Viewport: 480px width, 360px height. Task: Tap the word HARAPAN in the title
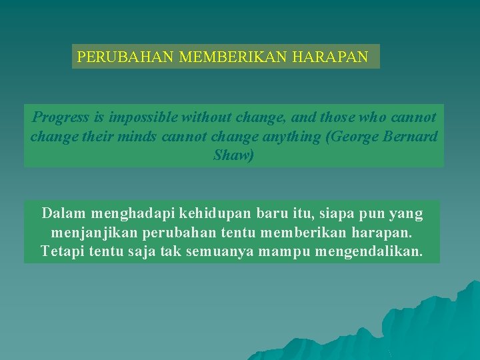click(x=330, y=57)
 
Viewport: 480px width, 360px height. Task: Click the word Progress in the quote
click(x=61, y=118)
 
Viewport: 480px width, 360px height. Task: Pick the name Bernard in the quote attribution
click(x=413, y=137)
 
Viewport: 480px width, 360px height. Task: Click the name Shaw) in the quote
click(x=233, y=156)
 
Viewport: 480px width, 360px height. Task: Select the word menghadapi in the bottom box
click(x=136, y=213)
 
